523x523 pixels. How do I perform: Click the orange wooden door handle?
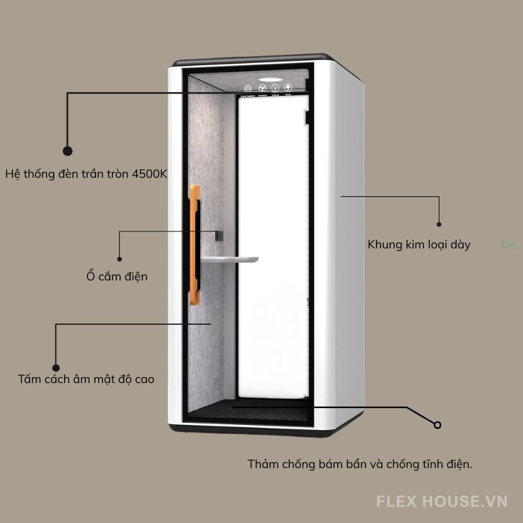pos(194,245)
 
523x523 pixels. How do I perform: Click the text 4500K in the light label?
pos(150,175)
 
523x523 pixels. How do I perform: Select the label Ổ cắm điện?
pos(117,277)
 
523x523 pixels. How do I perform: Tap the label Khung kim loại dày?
pos(418,245)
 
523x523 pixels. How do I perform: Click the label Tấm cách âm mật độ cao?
pos(86,379)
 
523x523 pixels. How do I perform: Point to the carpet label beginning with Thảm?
pos(360,465)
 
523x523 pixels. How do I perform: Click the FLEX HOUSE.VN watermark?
pos(442,501)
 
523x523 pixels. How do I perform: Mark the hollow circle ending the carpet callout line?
pos(437,425)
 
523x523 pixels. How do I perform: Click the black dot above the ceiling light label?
pos(67,150)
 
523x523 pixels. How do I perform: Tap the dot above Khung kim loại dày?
pos(439,223)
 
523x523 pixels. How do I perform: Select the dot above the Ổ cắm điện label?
pos(119,258)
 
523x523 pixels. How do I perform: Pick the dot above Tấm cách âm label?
pos(56,368)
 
